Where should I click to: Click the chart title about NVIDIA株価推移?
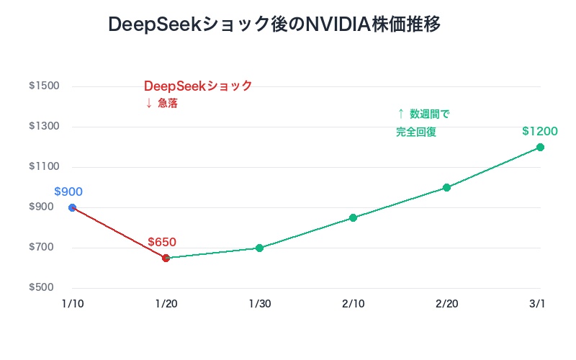tap(274, 24)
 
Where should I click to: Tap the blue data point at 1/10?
tap(72, 207)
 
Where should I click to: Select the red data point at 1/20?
tap(166, 258)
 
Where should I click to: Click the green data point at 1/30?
tap(259, 248)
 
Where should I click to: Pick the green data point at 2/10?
tap(353, 217)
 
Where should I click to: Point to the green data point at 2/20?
tap(446, 187)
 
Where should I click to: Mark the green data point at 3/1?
tap(540, 147)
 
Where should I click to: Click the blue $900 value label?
tap(68, 192)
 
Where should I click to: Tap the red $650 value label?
tap(162, 242)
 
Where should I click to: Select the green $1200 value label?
tap(540, 131)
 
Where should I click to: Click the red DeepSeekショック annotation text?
tap(198, 86)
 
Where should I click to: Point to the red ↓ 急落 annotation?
tap(161, 103)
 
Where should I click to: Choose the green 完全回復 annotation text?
tap(416, 132)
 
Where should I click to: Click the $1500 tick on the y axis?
tap(44, 86)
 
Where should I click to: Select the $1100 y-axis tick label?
tap(44, 167)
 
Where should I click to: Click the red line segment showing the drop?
tap(119, 233)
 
